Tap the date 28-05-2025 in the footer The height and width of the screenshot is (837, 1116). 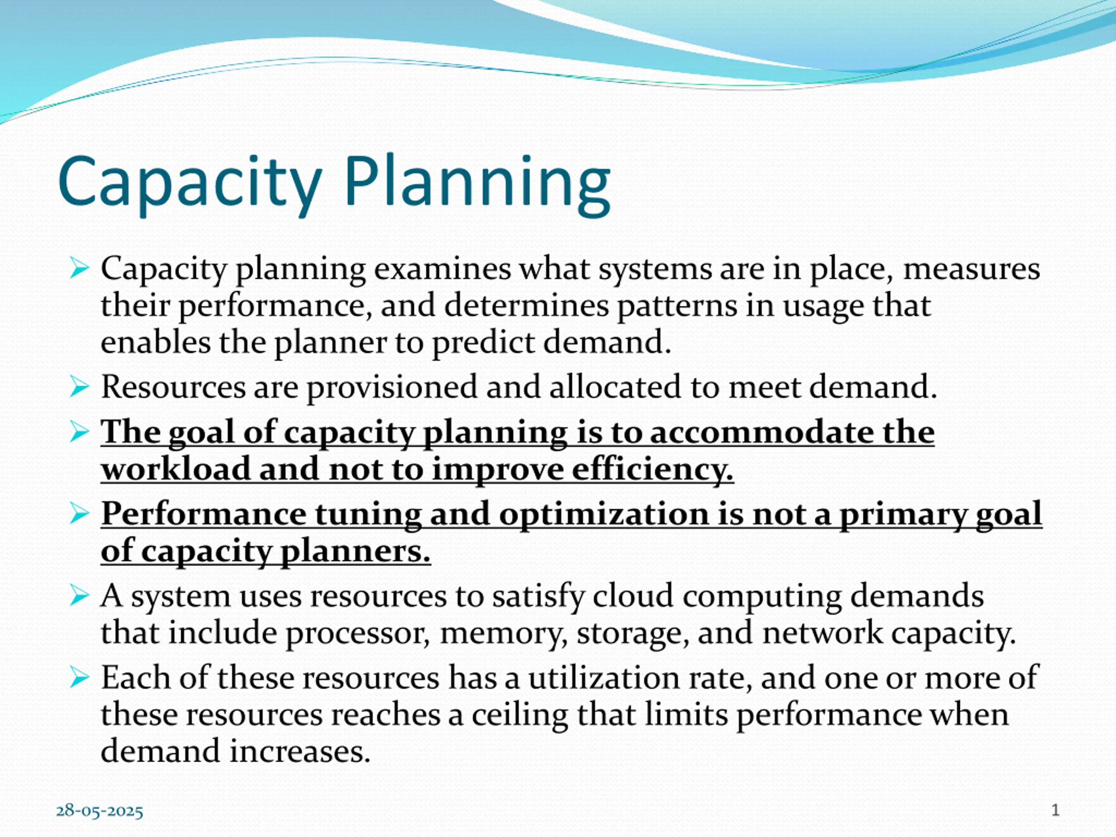[99, 811]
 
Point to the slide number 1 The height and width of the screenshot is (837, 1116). [1055, 810]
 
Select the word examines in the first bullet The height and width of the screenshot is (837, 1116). [442, 269]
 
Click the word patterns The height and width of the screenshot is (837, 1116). [677, 306]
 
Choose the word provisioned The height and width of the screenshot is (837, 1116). [392, 388]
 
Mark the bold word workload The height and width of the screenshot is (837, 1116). [176, 469]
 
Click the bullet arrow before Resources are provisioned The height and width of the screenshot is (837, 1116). [79, 387]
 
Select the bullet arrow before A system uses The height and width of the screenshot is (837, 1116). [79, 596]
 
